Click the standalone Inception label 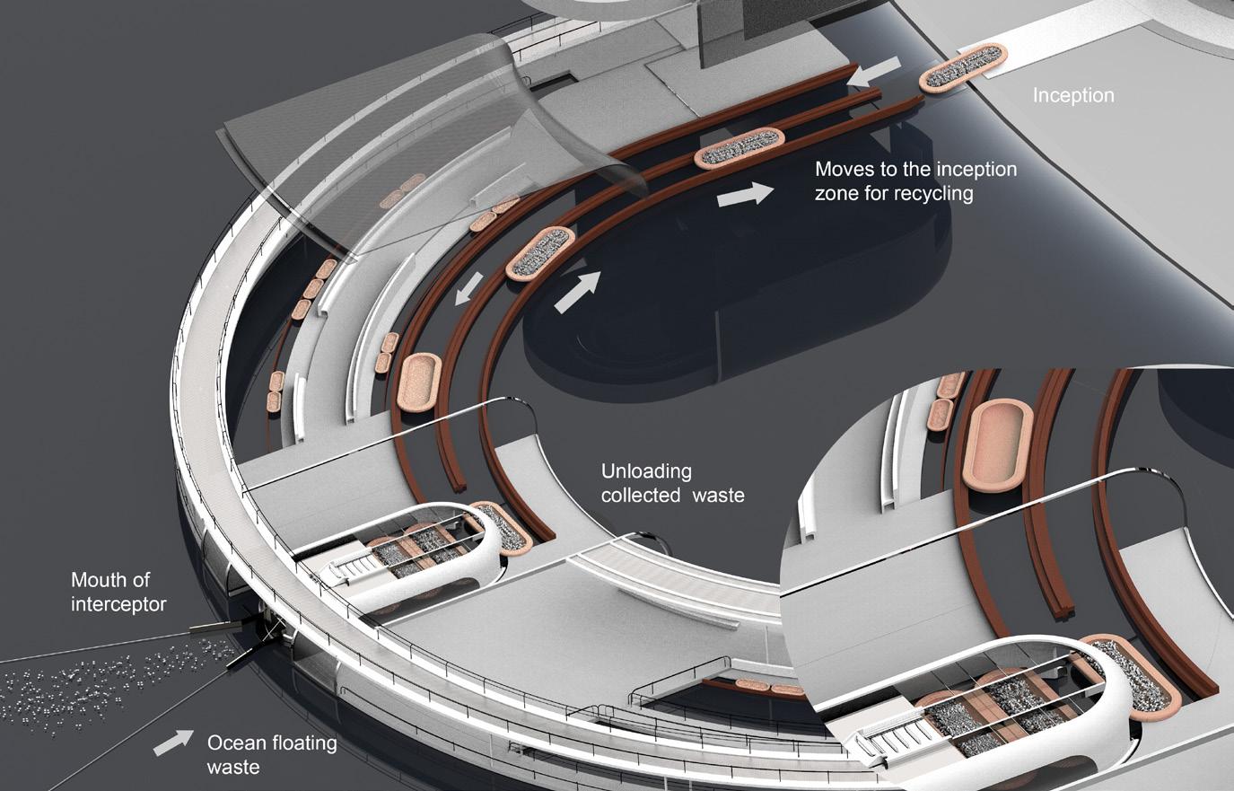(1073, 95)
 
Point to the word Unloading (646, 471)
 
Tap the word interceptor (118, 603)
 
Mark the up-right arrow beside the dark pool (576, 293)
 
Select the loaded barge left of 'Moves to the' (740, 147)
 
